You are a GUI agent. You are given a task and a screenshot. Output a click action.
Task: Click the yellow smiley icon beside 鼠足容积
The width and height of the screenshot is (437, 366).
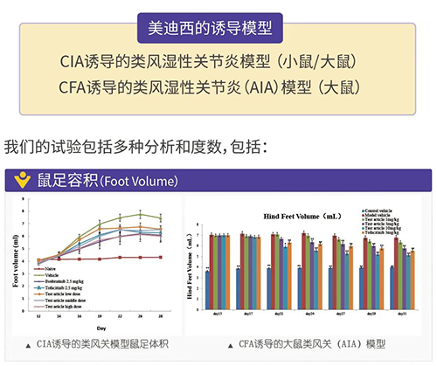coord(23,182)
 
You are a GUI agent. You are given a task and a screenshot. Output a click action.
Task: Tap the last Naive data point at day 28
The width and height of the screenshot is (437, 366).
coord(160,257)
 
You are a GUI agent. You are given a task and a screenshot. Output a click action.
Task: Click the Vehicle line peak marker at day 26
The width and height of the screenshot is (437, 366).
coord(140,213)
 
